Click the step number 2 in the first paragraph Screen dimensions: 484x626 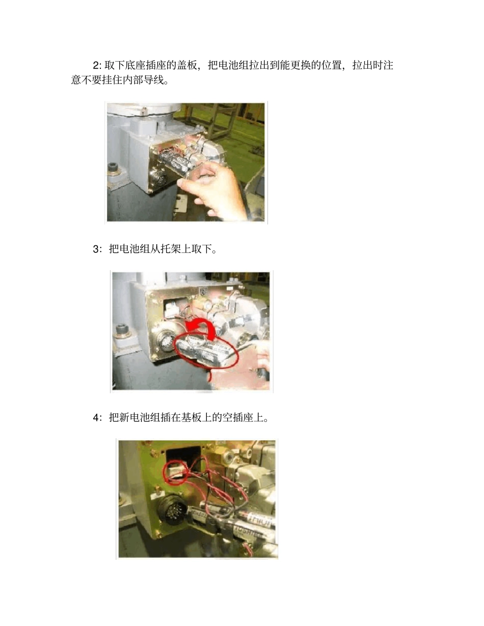click(96, 66)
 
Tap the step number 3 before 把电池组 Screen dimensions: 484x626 click(96, 249)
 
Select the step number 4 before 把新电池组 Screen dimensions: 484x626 click(96, 418)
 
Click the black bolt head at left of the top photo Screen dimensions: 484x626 click(113, 168)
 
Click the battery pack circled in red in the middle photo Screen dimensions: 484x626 click(205, 351)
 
